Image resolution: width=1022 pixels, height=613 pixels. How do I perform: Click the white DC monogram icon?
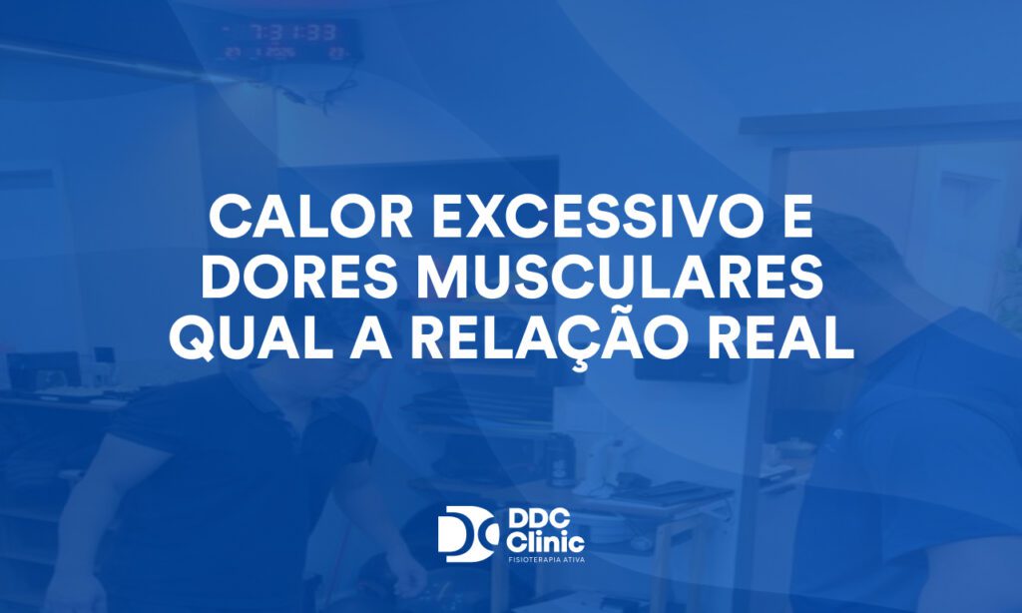(x=468, y=534)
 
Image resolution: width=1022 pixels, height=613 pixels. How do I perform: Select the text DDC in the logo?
(x=537, y=522)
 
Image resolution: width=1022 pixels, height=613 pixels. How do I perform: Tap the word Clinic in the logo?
(x=544, y=542)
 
